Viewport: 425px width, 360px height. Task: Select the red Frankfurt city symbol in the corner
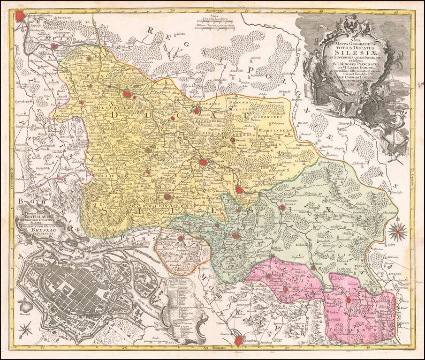19,16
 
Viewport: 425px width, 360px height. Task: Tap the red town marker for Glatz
180,240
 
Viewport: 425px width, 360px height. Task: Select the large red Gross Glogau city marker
127,95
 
